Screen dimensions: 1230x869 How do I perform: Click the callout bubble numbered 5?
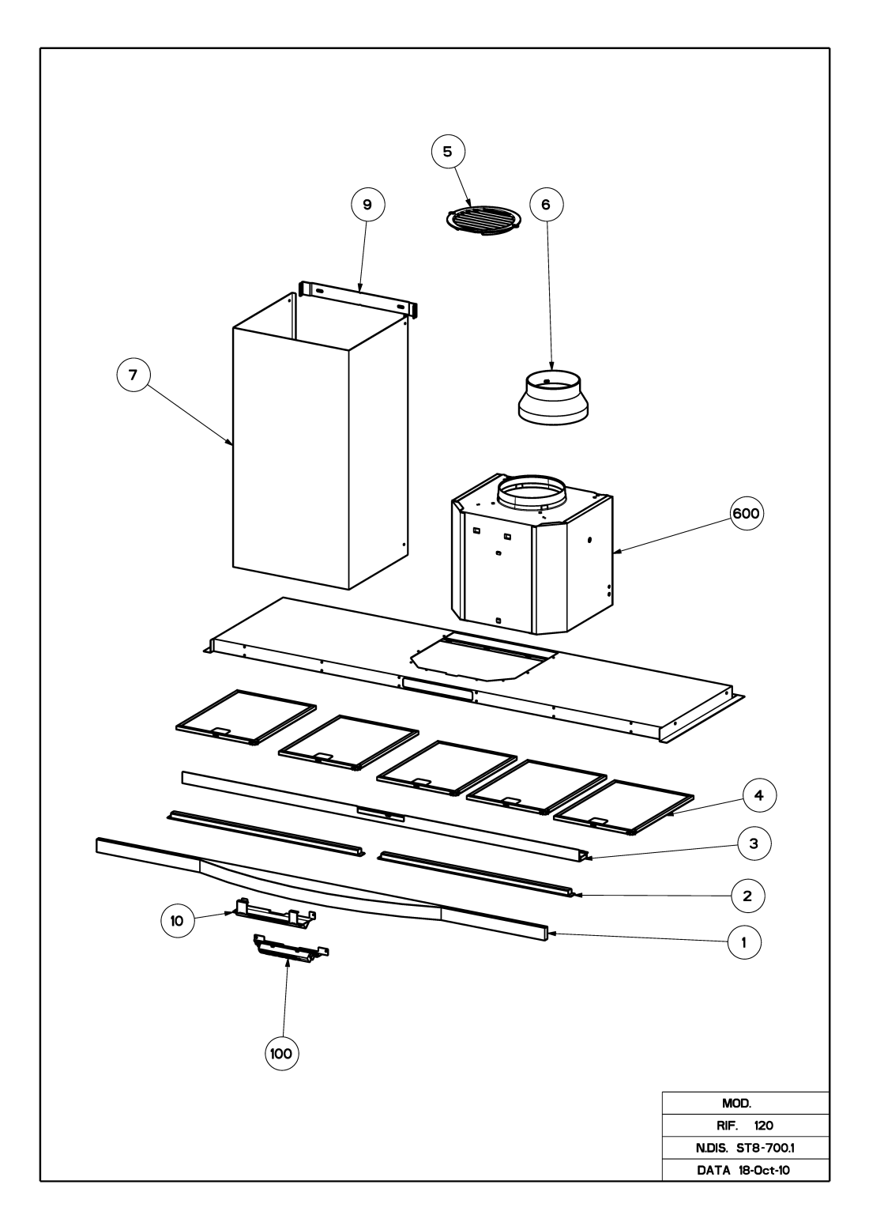click(x=448, y=152)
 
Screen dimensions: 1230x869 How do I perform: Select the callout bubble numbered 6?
click(x=546, y=203)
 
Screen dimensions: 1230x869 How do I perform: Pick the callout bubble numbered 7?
click(x=134, y=375)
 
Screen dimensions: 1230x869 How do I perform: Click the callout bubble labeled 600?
click(x=746, y=513)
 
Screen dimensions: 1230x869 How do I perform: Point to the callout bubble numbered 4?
click(x=758, y=795)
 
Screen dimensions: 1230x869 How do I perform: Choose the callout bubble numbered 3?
click(x=754, y=844)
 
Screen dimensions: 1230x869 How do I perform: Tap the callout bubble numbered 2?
click(x=747, y=896)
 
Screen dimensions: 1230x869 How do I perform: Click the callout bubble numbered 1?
click(x=743, y=942)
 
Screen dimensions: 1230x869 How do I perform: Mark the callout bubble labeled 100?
click(x=281, y=1053)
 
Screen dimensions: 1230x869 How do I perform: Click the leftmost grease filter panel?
click(x=245, y=715)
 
